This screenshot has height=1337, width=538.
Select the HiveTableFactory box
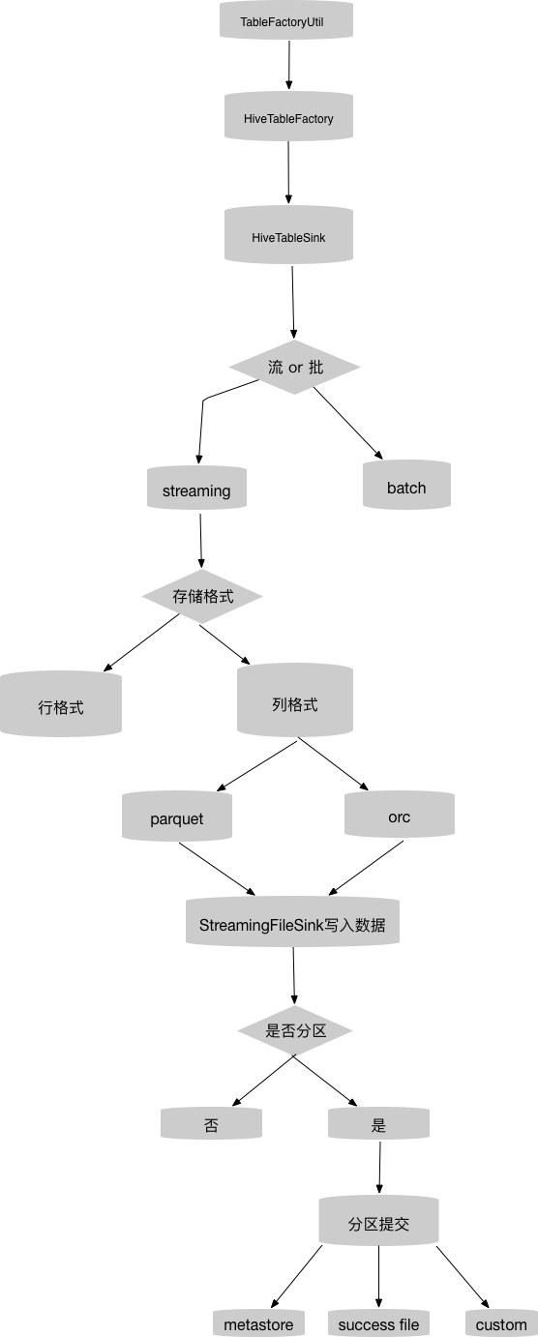click(x=288, y=118)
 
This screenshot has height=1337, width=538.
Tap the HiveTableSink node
click(x=288, y=235)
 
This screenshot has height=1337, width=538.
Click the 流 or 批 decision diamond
click(x=295, y=368)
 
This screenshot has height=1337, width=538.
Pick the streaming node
click(x=196, y=490)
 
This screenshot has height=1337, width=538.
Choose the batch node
click(x=406, y=487)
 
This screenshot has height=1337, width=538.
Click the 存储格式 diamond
click(x=203, y=596)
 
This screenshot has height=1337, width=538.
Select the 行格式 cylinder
click(x=61, y=706)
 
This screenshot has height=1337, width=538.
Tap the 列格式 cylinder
click(x=295, y=703)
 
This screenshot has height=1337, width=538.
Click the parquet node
click(x=177, y=817)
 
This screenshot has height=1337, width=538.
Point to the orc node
click(x=399, y=817)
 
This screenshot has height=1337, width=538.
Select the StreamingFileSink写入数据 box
click(x=292, y=924)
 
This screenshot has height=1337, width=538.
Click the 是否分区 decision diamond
click(x=295, y=1031)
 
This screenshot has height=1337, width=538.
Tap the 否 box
click(x=212, y=1125)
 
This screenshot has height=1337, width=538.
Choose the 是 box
click(x=378, y=1125)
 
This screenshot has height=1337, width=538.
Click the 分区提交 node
click(x=378, y=1223)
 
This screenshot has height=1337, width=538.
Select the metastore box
click(x=258, y=1323)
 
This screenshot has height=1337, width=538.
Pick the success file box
click(x=378, y=1323)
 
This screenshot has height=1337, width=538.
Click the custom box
click(x=501, y=1323)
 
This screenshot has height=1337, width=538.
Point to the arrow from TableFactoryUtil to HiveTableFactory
click(x=288, y=65)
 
